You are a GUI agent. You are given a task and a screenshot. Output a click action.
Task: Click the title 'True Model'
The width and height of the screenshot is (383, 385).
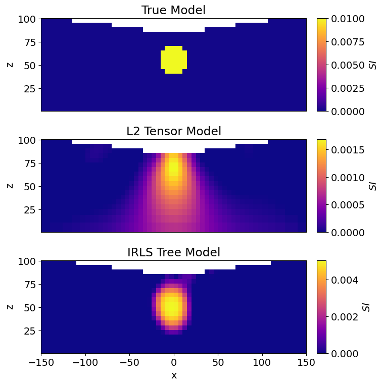click(173, 10)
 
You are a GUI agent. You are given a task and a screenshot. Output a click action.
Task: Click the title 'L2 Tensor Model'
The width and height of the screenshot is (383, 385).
click(173, 131)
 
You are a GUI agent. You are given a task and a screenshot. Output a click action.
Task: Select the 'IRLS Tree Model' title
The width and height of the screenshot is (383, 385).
click(173, 252)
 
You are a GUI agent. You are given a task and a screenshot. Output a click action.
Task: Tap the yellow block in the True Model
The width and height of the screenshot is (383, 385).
click(173, 60)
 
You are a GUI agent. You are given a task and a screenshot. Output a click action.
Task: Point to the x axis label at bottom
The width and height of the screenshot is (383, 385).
click(173, 375)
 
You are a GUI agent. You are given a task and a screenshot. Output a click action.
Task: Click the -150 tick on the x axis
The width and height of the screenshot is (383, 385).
click(41, 362)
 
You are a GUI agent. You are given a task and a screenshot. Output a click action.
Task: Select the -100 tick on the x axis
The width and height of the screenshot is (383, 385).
click(85, 362)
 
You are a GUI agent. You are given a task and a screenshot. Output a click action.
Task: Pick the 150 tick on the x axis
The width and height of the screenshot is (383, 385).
click(306, 362)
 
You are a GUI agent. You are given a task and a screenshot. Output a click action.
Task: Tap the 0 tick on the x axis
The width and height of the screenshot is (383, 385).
click(174, 362)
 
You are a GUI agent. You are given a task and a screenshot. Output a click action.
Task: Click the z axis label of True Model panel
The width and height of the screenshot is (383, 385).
click(11, 65)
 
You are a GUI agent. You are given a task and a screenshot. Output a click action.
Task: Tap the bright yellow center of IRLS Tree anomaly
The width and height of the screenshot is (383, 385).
click(172, 306)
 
